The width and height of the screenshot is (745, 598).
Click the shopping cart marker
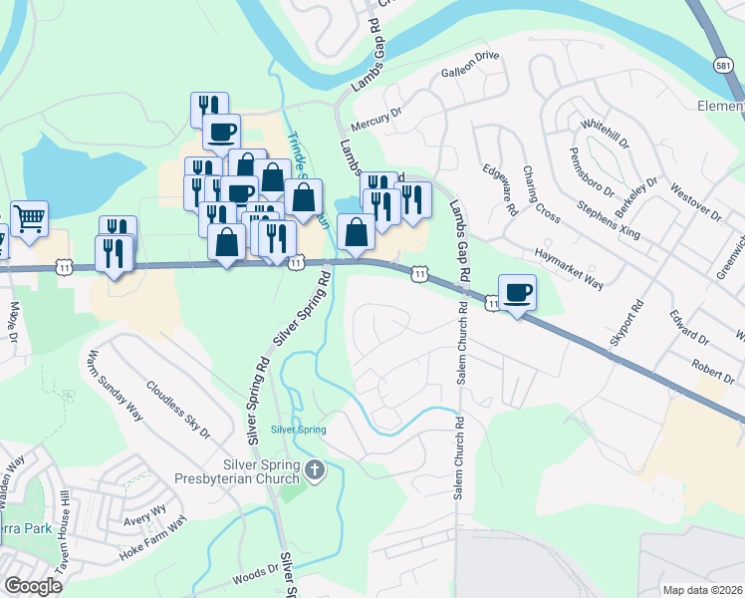tap(30, 217)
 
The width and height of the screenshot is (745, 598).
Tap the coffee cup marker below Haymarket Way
tap(517, 292)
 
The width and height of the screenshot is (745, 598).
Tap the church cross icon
tap(315, 469)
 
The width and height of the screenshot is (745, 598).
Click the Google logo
tap(33, 586)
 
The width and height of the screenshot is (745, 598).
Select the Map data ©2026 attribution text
tap(702, 590)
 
